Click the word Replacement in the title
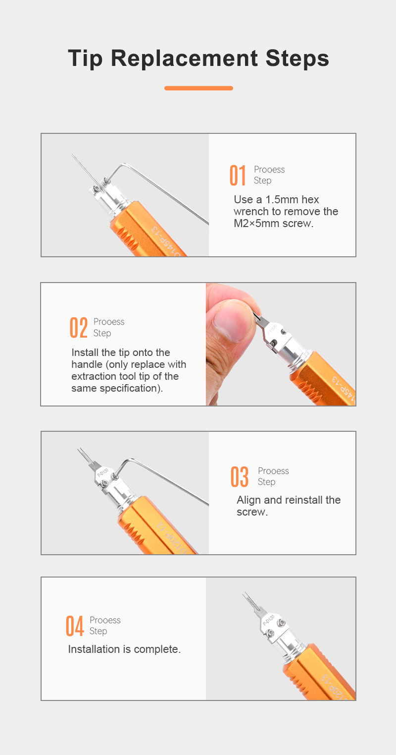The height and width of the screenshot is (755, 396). pos(184,58)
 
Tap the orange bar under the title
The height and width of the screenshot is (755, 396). pos(198,88)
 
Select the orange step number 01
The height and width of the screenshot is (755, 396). pos(238,175)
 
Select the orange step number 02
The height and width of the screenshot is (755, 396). pos(78,327)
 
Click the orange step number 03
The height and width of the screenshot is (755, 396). pos(239,476)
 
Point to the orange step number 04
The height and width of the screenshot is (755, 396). pos(74,626)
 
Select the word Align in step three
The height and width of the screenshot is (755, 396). pos(248,500)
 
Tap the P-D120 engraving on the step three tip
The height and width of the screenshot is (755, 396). pos(103,472)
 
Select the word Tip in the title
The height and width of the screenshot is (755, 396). pos(85,58)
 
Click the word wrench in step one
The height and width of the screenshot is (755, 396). pos(251,212)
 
